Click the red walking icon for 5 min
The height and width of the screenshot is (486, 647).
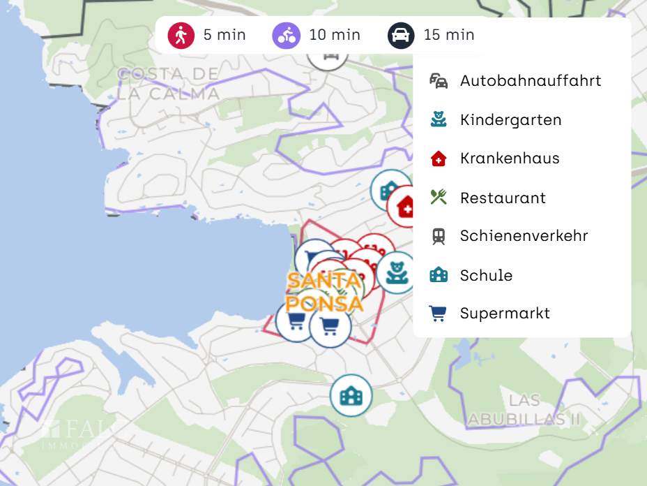(181, 35)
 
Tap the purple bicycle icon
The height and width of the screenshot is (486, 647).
(286, 35)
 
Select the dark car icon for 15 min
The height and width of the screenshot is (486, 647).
(401, 35)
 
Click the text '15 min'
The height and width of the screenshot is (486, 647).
(449, 35)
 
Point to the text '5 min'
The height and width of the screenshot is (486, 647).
(224, 35)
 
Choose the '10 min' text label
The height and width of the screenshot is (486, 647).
(335, 35)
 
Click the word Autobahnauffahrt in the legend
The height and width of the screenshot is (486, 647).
(531, 80)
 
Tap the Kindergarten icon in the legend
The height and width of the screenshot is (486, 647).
(438, 119)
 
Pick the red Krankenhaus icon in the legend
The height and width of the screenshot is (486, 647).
(438, 159)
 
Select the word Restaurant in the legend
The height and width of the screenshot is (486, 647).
(503, 198)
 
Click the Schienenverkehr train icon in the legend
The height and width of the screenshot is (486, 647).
(438, 236)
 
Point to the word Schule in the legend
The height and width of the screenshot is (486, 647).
(486, 275)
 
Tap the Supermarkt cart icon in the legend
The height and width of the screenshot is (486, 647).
(438, 314)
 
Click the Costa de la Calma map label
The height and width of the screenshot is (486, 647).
(168, 84)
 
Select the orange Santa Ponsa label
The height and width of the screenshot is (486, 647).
(325, 292)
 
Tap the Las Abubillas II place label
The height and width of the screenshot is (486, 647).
(524, 410)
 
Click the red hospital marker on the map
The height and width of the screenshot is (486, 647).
(405, 207)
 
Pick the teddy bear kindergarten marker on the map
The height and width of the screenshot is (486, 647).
(396, 272)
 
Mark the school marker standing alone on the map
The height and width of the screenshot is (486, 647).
(351, 395)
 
